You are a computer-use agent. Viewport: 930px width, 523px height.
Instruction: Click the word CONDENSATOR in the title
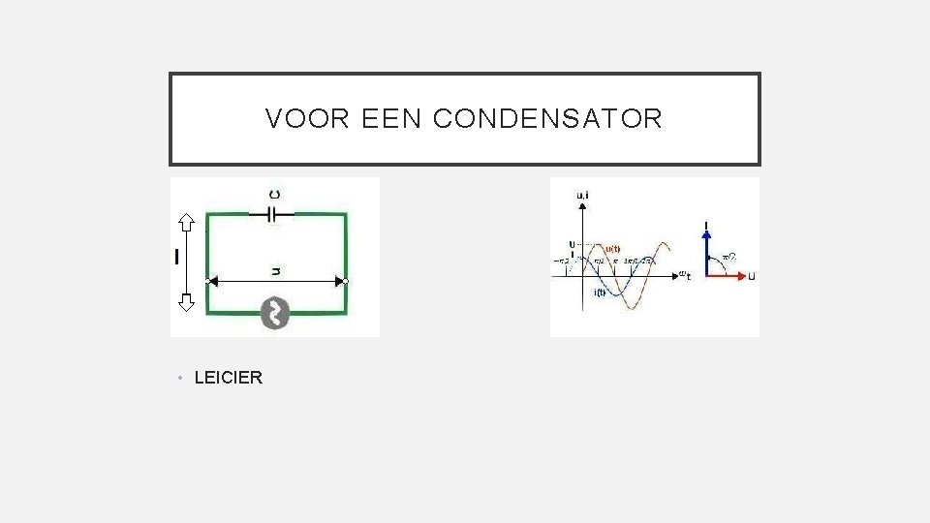coord(547,119)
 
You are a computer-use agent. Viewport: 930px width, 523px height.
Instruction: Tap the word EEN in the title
coord(392,119)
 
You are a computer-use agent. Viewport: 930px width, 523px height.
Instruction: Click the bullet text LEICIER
coord(228,378)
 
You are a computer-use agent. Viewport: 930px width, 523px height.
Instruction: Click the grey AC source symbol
coord(276,312)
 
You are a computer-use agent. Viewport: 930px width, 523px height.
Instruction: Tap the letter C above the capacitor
coord(275,192)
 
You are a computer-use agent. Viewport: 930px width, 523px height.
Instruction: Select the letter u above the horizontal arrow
coord(276,271)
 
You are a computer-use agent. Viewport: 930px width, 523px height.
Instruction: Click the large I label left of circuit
coord(176,257)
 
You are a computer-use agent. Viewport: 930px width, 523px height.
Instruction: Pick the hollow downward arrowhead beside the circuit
coord(186,301)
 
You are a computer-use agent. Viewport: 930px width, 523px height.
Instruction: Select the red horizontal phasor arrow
coord(727,275)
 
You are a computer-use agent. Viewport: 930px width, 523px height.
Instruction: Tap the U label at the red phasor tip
coord(752,276)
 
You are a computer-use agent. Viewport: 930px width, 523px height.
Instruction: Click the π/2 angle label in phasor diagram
coord(728,257)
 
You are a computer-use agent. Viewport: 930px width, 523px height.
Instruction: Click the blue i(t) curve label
coord(601,292)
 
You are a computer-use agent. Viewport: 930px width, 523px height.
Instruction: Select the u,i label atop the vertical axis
coord(583,196)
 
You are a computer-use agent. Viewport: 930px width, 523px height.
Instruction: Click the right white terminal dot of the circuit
coord(345,281)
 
